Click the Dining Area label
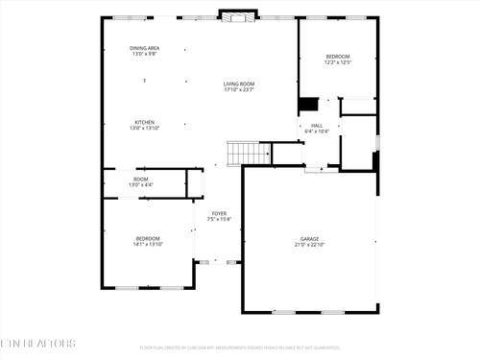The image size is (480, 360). point(145,48)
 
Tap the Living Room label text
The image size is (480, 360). point(238,84)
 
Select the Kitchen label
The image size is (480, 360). point(145,122)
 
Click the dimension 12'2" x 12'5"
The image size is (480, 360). point(337,62)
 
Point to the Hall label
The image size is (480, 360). point(317,125)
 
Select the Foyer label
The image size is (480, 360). point(220,213)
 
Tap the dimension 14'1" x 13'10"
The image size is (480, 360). point(148,244)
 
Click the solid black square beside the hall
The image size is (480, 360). point(308,104)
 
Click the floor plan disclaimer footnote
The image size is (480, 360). point(239,348)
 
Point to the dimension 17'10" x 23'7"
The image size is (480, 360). point(238,90)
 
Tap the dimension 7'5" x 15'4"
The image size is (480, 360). point(220,219)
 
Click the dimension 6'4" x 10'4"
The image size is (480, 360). point(317,131)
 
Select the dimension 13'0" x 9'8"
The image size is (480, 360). point(145,54)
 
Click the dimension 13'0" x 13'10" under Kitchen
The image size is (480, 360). point(145,128)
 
